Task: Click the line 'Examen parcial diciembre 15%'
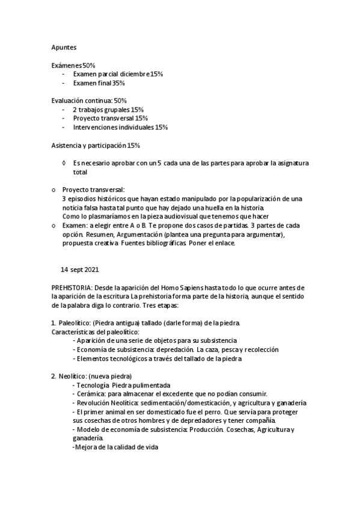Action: point(118,73)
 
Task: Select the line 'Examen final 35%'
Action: point(99,83)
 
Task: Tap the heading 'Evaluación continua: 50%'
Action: point(89,100)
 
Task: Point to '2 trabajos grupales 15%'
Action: point(108,109)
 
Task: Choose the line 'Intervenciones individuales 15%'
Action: point(120,127)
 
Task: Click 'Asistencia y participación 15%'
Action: point(96,145)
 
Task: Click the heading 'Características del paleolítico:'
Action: point(96,332)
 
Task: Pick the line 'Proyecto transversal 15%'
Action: point(110,118)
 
